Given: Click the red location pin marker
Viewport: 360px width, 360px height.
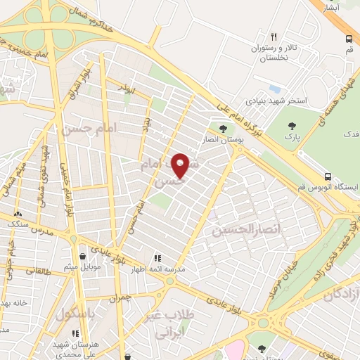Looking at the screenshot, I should pos(180,165).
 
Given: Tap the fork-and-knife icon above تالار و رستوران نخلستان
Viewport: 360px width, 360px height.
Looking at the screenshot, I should pos(274,37).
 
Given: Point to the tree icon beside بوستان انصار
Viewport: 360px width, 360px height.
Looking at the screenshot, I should pos(223,129).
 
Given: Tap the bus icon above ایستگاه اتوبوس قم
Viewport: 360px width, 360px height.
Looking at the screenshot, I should pos(328,176).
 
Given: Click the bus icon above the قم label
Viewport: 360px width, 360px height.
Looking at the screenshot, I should pos(349,39).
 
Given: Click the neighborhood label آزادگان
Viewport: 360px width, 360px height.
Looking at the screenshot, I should pos(342,294).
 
